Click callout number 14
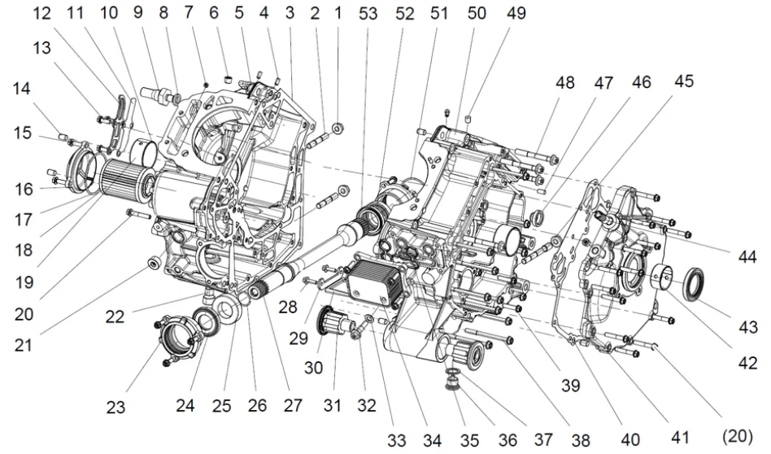pyautogui.click(x=22, y=93)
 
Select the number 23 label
pyautogui.click(x=117, y=407)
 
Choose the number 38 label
pyautogui.click(x=580, y=439)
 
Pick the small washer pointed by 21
pyautogui.click(x=151, y=264)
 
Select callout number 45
pyautogui.click(x=684, y=81)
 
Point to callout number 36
pyautogui.click(x=507, y=439)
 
